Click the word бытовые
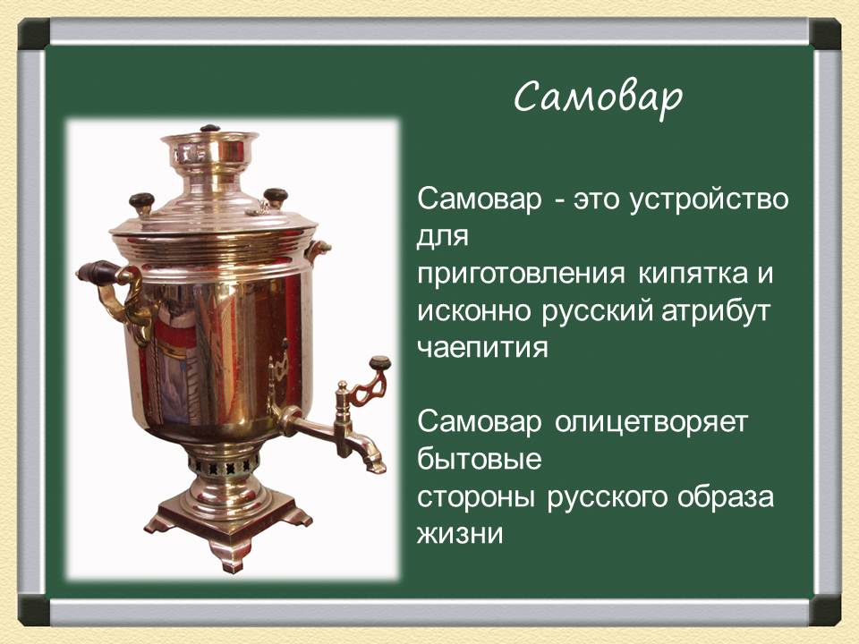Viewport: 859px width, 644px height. tap(480, 460)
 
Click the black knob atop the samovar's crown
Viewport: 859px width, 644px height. tap(208, 129)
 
